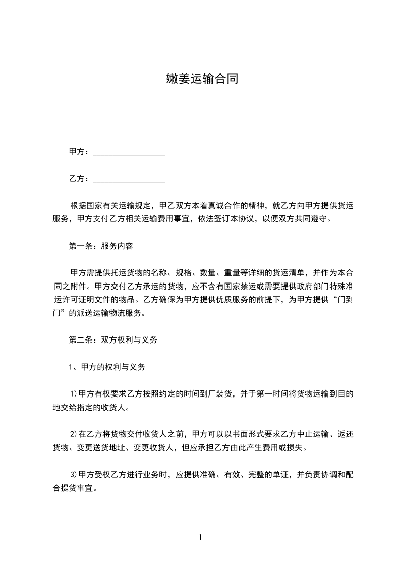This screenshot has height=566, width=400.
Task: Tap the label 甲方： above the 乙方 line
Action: (79, 152)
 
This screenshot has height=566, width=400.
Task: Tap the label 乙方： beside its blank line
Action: (79, 179)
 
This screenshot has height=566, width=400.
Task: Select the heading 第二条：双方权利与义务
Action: (113, 340)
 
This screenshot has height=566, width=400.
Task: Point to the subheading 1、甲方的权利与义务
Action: (107, 367)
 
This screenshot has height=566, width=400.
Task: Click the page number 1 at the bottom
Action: (200, 537)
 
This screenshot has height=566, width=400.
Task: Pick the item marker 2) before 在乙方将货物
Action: (73, 434)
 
